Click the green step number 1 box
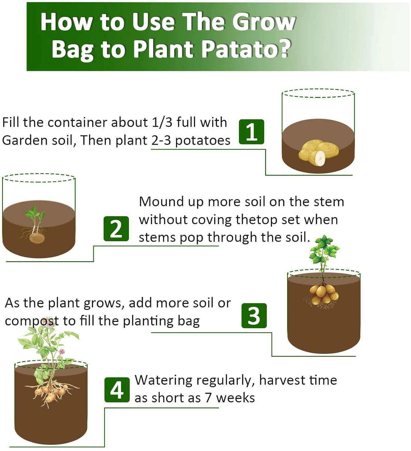coord(251,132)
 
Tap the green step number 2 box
coord(116,229)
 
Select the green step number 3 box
coord(254,316)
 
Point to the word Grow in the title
coord(264,22)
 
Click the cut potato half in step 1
coord(317,158)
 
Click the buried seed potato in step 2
coord(37,238)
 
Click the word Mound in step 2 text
coord(162,202)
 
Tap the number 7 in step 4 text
coord(208,398)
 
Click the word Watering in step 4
coord(163,381)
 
